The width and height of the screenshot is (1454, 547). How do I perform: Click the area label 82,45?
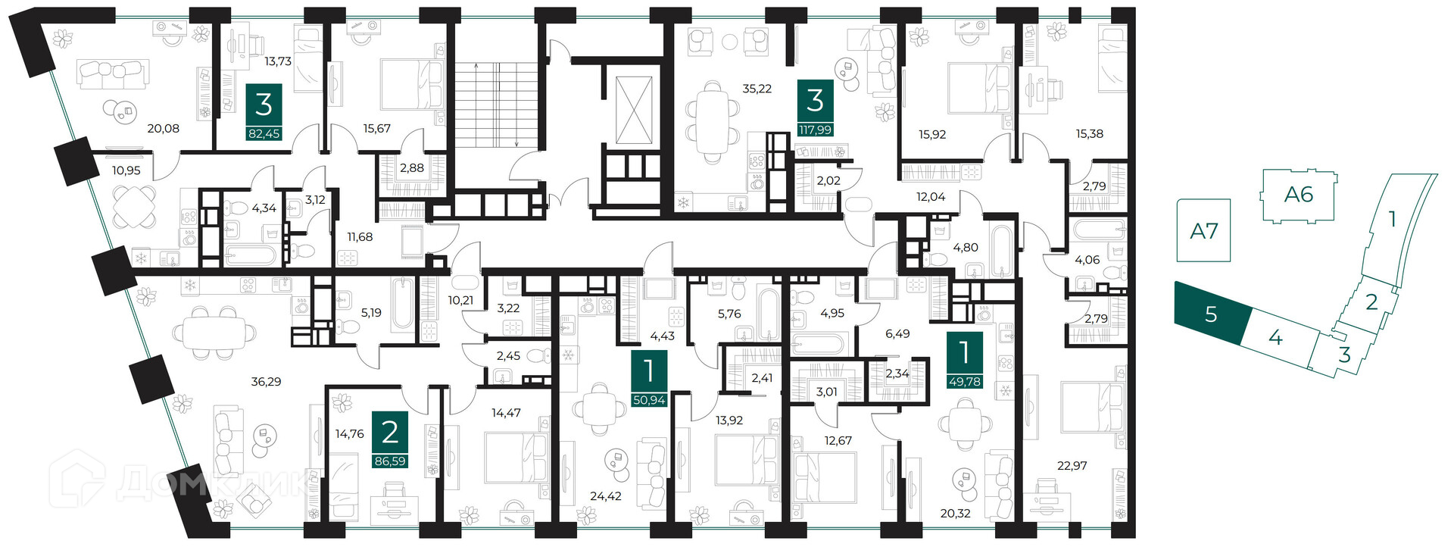(264, 133)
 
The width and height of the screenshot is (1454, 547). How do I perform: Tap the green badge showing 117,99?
(815, 130)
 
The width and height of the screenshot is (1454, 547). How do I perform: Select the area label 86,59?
(390, 461)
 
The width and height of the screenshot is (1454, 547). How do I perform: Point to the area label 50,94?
(649, 400)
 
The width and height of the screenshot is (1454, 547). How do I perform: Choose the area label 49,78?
(965, 381)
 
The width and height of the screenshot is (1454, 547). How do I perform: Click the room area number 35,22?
(757, 89)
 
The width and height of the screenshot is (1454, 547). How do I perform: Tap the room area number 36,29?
(266, 382)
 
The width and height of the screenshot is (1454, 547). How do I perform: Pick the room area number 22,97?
(1072, 466)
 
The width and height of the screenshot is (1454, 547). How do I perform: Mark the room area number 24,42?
(605, 496)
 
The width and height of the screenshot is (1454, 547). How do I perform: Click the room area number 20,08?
(163, 129)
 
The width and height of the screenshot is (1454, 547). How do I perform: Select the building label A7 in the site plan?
(1204, 230)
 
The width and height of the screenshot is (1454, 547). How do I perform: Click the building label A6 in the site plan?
(1298, 195)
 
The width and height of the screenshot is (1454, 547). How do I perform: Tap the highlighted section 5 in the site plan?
(1210, 314)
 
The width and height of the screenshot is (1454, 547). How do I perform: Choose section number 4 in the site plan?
(1275, 337)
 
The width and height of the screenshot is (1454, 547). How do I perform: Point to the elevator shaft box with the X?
(633, 110)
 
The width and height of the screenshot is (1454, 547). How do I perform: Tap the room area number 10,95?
(126, 170)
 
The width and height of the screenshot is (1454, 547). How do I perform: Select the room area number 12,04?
(931, 197)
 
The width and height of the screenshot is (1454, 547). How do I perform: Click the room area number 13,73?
(278, 61)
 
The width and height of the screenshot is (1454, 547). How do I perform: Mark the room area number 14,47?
(506, 413)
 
